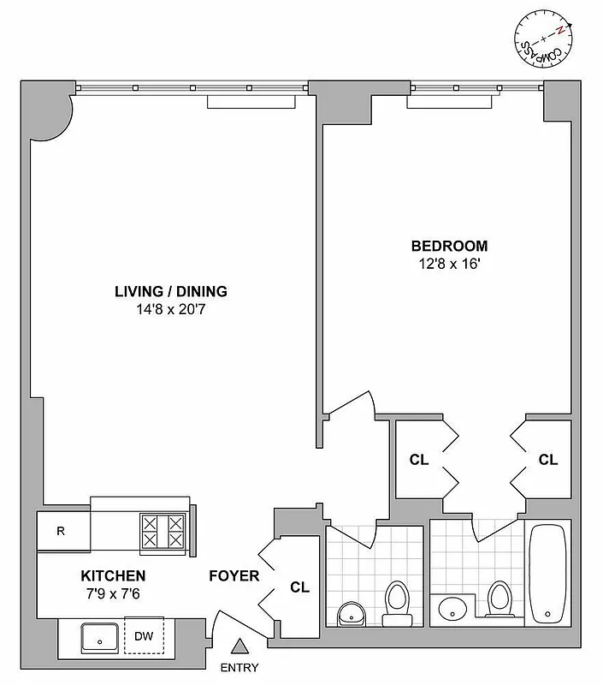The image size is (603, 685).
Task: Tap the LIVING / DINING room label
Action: point(171,291)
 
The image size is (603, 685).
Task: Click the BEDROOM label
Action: point(450,246)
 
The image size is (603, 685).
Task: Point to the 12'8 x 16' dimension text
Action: point(450,264)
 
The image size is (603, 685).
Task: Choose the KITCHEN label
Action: point(113,575)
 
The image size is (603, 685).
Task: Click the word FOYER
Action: point(234,575)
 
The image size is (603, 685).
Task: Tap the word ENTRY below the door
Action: point(240,667)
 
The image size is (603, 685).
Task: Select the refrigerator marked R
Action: point(62,530)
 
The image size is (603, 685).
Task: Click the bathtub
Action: point(547,575)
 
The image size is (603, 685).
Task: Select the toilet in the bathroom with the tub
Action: point(498,600)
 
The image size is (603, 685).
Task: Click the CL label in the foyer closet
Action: point(299,587)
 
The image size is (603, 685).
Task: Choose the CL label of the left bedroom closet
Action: point(419,460)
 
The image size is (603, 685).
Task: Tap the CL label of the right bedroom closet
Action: point(547,460)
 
